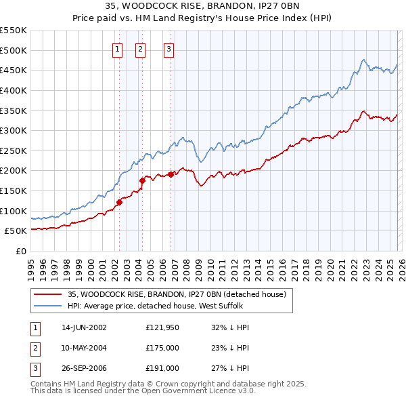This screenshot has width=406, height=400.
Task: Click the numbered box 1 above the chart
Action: pyautogui.click(x=118, y=48)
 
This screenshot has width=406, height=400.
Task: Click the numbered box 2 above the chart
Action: pyautogui.click(x=140, y=48)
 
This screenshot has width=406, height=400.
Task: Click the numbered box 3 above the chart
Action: pyautogui.click(x=168, y=48)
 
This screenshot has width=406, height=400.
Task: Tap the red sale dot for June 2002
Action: pyautogui.click(x=119, y=201)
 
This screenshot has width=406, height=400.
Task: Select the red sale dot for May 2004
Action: pyautogui.click(x=142, y=180)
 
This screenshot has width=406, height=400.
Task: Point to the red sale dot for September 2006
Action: pyautogui.click(x=171, y=174)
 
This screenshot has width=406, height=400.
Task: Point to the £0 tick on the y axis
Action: pyautogui.click(x=22, y=251)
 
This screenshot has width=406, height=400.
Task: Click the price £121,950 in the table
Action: pyautogui.click(x=162, y=327)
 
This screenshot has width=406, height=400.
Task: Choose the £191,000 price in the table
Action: pyautogui.click(x=162, y=368)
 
